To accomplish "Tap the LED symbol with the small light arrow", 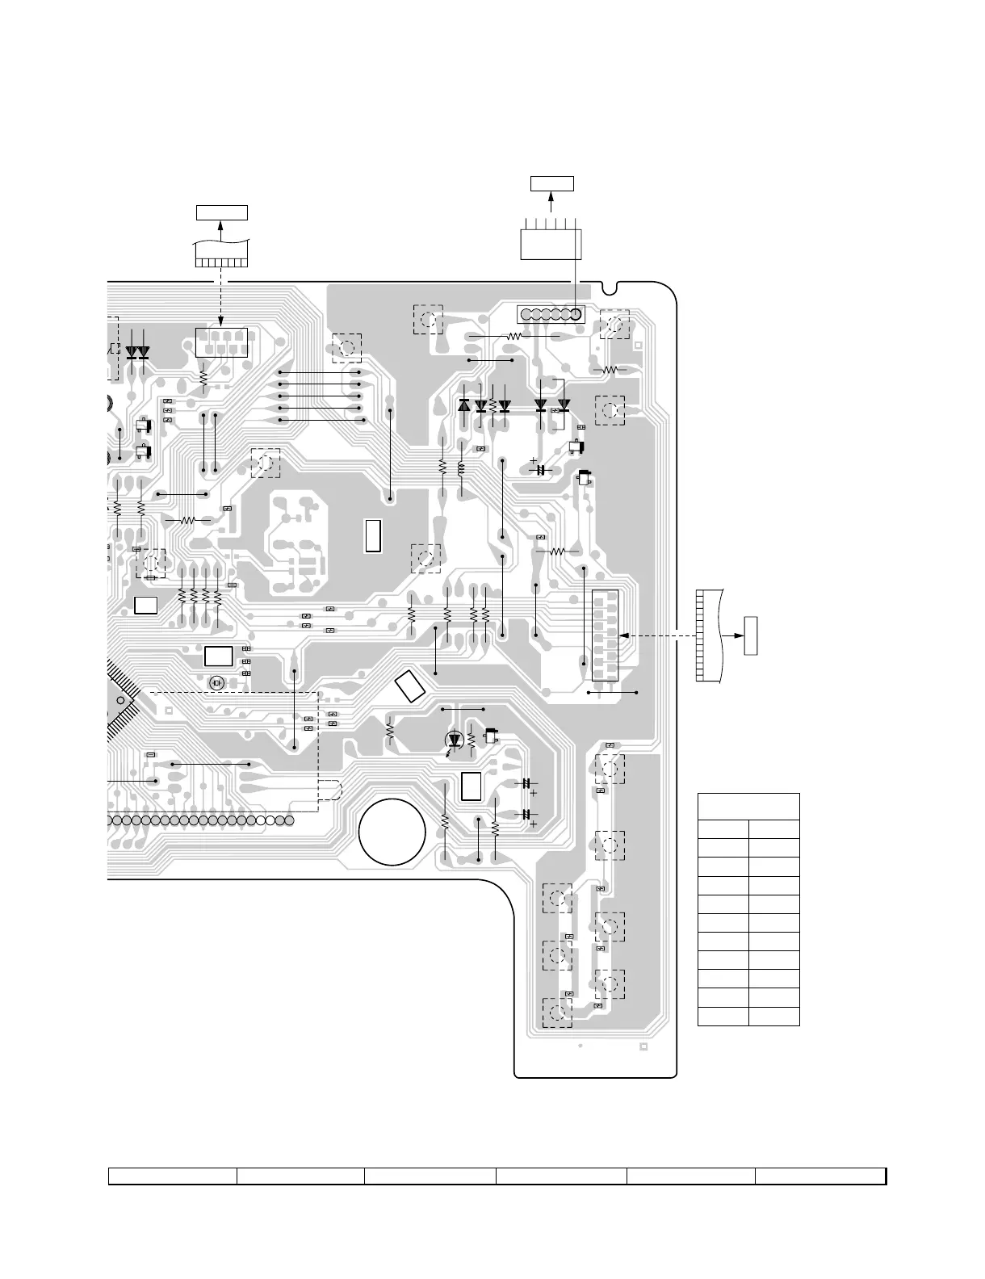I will [454, 740].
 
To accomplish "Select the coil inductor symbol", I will [461, 468].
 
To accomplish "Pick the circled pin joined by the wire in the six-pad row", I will [575, 314].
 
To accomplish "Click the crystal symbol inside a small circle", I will [216, 683].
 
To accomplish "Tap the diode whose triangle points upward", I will [464, 405].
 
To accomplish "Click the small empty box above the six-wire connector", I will [551, 183].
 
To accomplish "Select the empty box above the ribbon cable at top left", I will [222, 213].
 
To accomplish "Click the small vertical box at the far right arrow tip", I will [751, 635].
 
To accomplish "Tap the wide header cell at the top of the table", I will [748, 807].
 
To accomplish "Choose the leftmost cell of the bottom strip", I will [173, 1176].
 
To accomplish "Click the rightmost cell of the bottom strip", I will [820, 1176].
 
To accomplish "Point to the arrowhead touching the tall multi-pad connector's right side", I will [624, 636].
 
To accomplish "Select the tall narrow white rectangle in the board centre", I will [372, 536].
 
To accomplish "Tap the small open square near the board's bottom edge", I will [643, 1048].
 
